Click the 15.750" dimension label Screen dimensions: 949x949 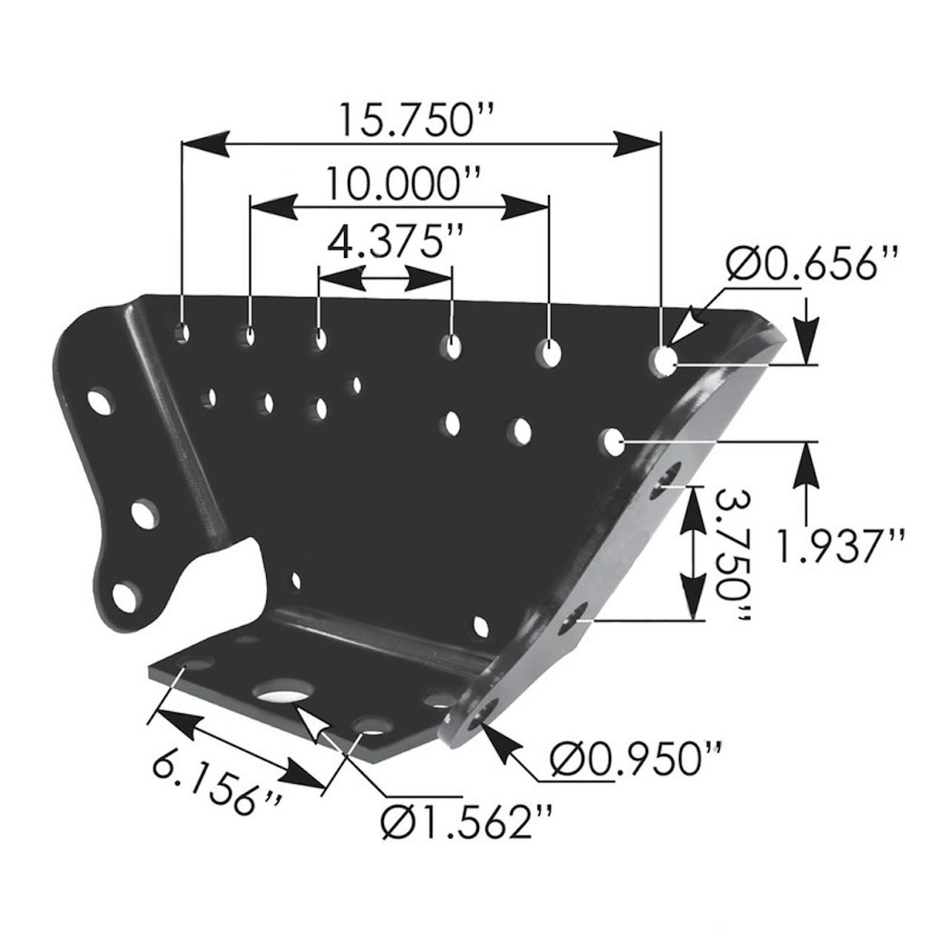tap(415, 119)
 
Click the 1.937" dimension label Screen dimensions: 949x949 tap(841, 547)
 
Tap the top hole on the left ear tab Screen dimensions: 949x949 tap(98, 402)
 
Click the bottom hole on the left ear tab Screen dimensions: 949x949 tap(126, 598)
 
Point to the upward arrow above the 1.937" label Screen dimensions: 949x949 tap(806, 467)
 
